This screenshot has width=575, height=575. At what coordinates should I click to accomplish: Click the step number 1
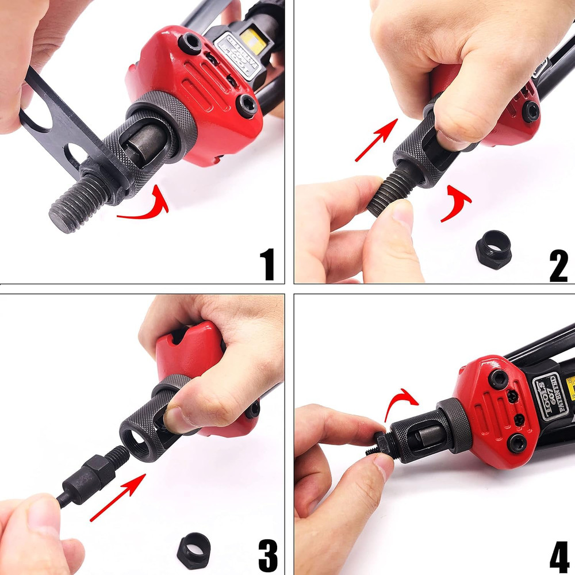(267, 263)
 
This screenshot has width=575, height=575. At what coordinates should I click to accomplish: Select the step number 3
(267, 555)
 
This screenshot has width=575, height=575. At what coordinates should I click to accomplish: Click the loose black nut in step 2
(493, 248)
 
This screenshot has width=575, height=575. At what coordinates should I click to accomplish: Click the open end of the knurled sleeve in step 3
(138, 439)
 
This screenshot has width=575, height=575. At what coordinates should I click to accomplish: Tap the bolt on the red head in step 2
(530, 110)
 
